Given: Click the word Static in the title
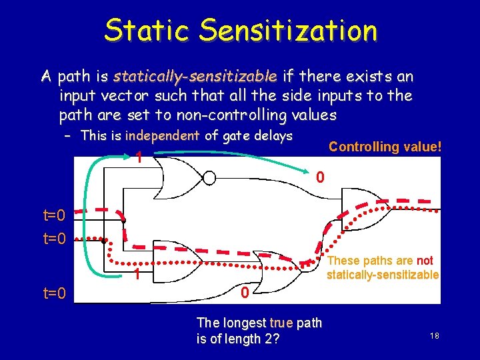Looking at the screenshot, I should [x=147, y=30].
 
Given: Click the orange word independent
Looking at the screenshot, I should [x=162, y=136].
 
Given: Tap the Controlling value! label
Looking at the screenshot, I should [x=385, y=147].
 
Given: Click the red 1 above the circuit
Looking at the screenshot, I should [x=137, y=159].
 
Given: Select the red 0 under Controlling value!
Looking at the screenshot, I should [x=321, y=178].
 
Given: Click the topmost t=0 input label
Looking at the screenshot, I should [x=54, y=215].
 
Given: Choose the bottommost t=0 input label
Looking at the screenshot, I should [x=54, y=291].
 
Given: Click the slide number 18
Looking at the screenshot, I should [x=434, y=337].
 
